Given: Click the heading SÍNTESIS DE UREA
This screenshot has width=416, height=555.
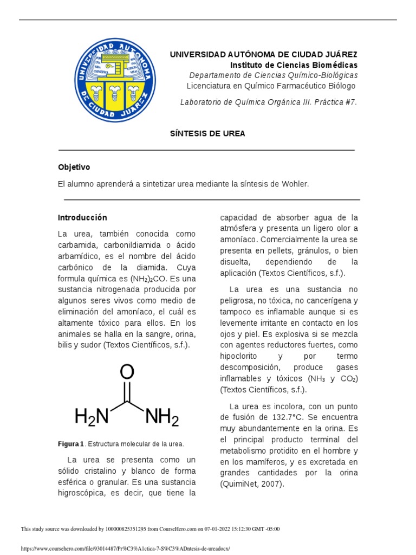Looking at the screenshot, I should coord(208,133).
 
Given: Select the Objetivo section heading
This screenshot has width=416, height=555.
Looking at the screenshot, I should coord(74,167).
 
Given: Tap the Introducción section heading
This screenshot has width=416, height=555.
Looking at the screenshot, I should coord(82,217).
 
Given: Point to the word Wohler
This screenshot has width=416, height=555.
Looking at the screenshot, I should coord(296,184).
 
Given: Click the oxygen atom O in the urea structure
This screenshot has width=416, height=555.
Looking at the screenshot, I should coord(127,372).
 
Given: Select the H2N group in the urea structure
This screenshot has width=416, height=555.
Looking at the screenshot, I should coord(92,417).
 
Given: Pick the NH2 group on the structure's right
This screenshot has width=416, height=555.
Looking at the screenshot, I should coord(162,417).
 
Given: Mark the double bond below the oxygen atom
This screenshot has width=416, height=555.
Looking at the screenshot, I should coord(127,392).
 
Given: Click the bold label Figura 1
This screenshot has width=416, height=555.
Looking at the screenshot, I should coord(71,444).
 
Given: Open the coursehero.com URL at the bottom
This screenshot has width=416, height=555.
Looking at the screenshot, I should coord(125,548).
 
